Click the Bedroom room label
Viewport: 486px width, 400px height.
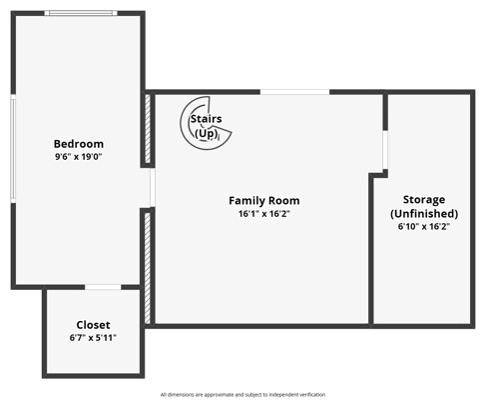pyautogui.click(x=79, y=144)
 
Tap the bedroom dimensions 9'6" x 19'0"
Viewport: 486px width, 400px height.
pyautogui.click(x=78, y=156)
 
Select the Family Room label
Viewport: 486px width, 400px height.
pyautogui.click(x=264, y=201)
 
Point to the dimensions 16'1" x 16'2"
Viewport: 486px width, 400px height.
pyautogui.click(x=264, y=214)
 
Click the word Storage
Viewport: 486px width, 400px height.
pyautogui.click(x=424, y=200)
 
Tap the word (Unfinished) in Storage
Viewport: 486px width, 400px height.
pyautogui.click(x=424, y=213)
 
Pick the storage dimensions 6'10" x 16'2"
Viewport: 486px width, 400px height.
pyautogui.click(x=424, y=227)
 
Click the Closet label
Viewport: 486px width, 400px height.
pyautogui.click(x=93, y=325)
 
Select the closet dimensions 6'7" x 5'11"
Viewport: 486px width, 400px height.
pyautogui.click(x=93, y=338)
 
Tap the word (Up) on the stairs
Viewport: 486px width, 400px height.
pyautogui.click(x=207, y=133)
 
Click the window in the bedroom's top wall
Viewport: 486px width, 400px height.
pyautogui.click(x=81, y=13)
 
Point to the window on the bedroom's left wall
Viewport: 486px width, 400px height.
pyautogui.click(x=13, y=148)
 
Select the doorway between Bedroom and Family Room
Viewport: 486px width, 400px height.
pyautogui.click(x=153, y=187)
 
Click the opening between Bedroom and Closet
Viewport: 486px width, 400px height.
pyautogui.click(x=103, y=287)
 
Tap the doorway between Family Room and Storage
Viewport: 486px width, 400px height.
pyautogui.click(x=385, y=150)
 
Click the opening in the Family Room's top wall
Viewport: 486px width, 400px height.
pyautogui.click(x=294, y=92)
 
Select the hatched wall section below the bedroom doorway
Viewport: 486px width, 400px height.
pyautogui.click(x=148, y=268)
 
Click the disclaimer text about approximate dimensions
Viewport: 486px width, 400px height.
pyautogui.click(x=243, y=395)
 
